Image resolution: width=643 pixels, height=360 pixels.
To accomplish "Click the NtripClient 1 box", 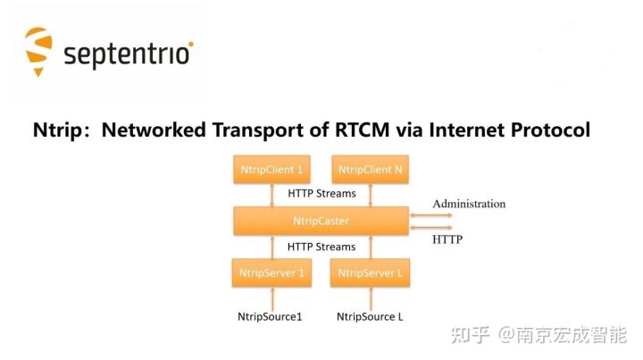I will pyautogui.click(x=271, y=169).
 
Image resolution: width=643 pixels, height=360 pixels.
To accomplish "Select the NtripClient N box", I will pyautogui.click(x=370, y=169).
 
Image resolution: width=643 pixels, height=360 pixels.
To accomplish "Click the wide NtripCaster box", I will pyautogui.click(x=321, y=220).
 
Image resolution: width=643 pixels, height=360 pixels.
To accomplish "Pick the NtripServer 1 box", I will pyautogui.click(x=271, y=272).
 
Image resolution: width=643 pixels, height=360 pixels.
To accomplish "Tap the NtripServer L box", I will pyautogui.click(x=370, y=272).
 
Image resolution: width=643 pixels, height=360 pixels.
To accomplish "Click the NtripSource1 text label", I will pyautogui.click(x=270, y=316).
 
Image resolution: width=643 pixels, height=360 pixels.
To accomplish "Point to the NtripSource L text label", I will pyautogui.click(x=370, y=316).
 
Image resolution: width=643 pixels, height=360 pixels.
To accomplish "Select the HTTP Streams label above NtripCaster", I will pyautogui.click(x=321, y=193).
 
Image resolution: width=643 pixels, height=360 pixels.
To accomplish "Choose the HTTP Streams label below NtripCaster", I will pyautogui.click(x=321, y=247).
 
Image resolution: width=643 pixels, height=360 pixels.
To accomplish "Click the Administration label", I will pyautogui.click(x=469, y=204).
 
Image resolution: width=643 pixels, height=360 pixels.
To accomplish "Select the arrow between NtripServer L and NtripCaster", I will pyautogui.click(x=370, y=247).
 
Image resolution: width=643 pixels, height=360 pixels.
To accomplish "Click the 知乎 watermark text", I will pyautogui.click(x=471, y=335).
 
